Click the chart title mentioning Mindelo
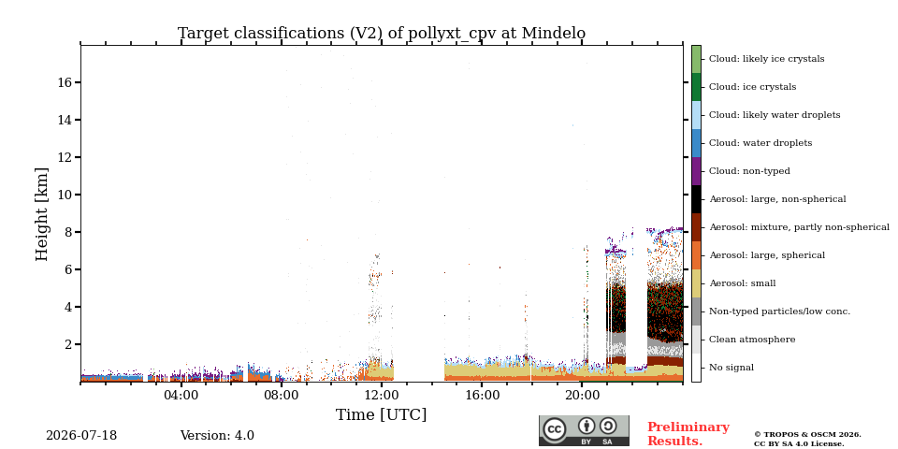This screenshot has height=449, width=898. click(382, 34)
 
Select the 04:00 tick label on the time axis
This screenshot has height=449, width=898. click(181, 397)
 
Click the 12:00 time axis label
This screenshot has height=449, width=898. click(382, 397)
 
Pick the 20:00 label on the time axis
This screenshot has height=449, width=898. click(582, 397)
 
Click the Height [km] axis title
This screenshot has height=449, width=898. click(42, 213)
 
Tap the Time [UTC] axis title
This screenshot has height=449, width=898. click(382, 414)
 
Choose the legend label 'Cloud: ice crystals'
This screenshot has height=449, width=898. click(752, 87)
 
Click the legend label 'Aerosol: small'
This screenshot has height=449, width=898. click(743, 283)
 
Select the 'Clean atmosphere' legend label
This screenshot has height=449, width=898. click(752, 340)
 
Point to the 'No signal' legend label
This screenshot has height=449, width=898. click(731, 368)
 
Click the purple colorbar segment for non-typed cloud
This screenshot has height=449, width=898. click(696, 171)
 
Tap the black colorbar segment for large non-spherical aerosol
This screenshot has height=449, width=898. click(696, 199)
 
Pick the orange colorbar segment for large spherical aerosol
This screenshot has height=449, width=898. click(696, 255)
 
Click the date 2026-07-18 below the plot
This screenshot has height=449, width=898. click(81, 436)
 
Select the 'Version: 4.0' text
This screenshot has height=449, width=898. click(217, 436)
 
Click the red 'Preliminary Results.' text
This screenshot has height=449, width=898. click(688, 434)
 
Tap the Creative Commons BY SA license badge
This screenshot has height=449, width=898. click(584, 430)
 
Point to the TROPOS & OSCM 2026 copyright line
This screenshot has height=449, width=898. click(807, 435)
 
